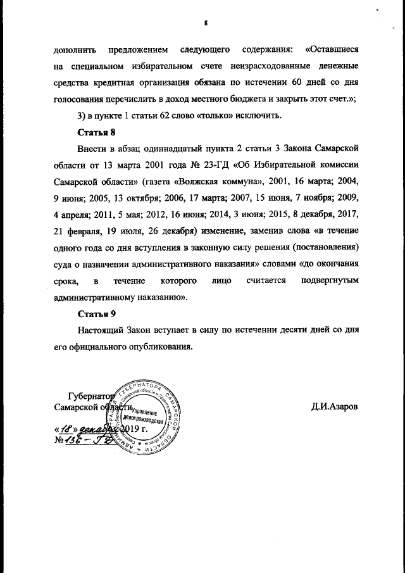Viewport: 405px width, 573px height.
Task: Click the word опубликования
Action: pyautogui.click(x=156, y=347)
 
